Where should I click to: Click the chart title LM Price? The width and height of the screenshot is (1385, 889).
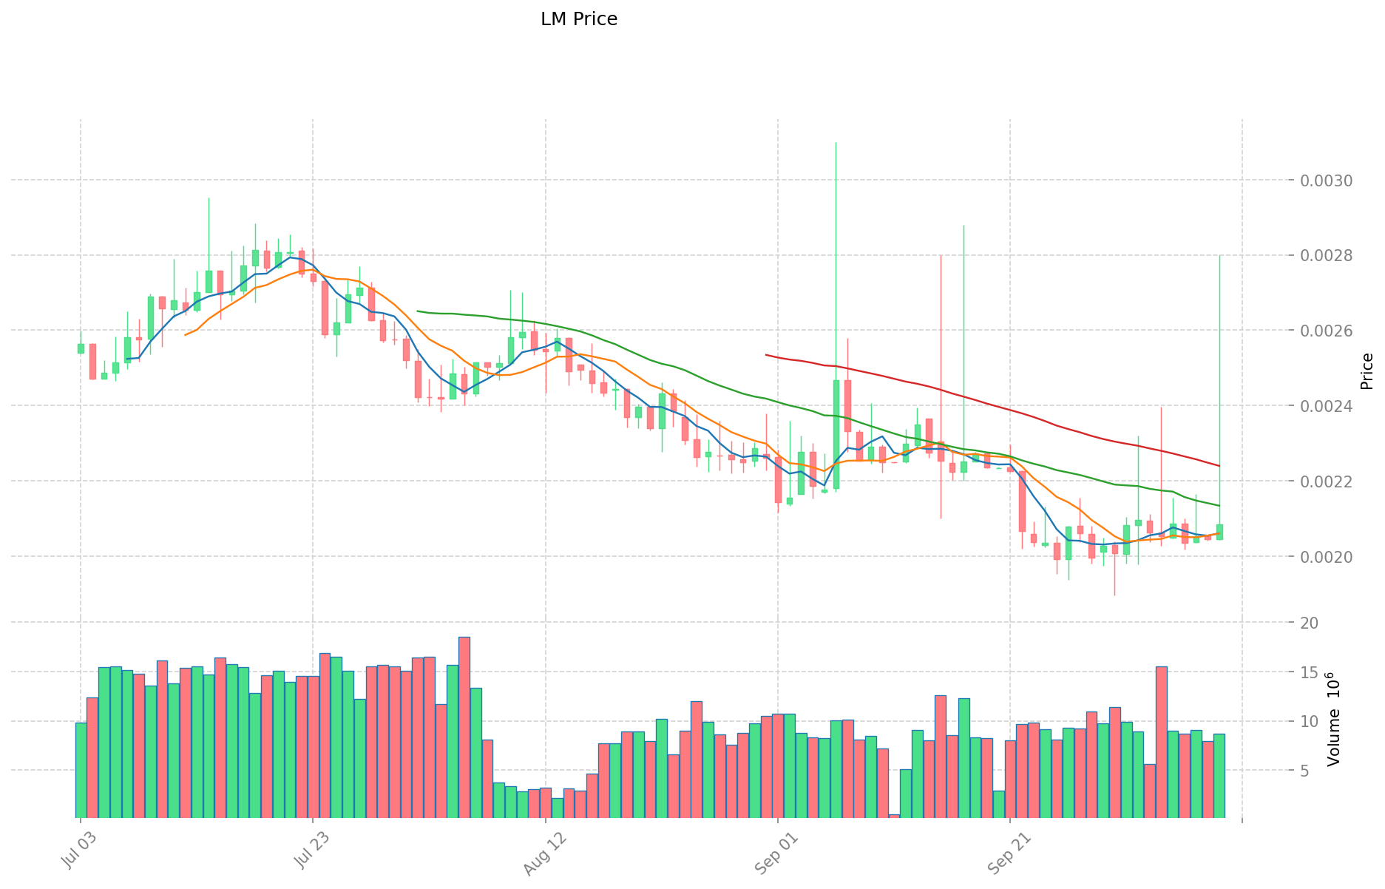click(578, 19)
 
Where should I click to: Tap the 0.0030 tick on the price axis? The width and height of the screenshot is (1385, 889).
click(1325, 181)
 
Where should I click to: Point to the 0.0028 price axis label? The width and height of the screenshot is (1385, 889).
click(1325, 256)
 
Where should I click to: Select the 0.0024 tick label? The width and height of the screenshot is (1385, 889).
click(1325, 406)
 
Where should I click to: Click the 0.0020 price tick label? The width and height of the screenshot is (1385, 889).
click(1325, 556)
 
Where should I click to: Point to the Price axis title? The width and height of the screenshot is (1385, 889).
click(1367, 371)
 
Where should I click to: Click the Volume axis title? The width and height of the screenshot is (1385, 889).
click(1333, 719)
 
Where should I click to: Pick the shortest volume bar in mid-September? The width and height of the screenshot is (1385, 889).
click(894, 816)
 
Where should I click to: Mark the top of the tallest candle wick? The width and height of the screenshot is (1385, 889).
click(836, 143)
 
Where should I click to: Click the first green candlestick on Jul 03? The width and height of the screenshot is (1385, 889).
click(81, 348)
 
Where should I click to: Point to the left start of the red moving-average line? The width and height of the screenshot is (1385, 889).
click(766, 355)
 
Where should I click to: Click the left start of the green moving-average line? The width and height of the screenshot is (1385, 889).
click(418, 311)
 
